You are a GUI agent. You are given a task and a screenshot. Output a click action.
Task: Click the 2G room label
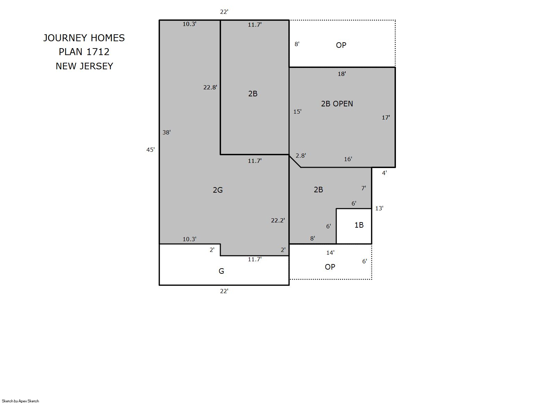pos(218,190)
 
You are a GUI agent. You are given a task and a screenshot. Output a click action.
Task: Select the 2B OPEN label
pos(337,104)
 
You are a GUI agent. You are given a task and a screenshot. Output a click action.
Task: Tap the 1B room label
pos(359,225)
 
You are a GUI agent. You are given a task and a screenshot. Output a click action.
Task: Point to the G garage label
pos(221,271)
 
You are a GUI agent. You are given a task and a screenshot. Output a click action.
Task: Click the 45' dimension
pos(151,150)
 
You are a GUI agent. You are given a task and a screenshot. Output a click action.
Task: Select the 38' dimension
pos(167,132)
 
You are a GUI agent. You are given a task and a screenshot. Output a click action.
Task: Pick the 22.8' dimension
pos(210,87)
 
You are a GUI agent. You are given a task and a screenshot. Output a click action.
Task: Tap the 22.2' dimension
pos(278,220)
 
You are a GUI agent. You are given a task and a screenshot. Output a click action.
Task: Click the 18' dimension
pos(342,74)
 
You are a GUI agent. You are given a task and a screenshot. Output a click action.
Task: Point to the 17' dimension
pos(386,118)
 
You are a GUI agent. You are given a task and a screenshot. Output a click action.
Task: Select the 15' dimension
pos(297,112)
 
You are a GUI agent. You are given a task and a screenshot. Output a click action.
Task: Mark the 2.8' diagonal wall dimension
pos(301,156)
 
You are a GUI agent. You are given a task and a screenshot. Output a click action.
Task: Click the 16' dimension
pos(348,159)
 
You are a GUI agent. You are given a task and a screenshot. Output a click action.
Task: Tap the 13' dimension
pos(379,208)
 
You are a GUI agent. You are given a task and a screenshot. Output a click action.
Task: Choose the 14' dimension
pos(330,253)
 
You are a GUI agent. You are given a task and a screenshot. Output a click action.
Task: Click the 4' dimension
pos(384,173)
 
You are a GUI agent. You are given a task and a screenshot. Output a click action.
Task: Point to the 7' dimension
pos(364,188)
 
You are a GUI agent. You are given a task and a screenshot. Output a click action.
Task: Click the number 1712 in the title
pos(98,52)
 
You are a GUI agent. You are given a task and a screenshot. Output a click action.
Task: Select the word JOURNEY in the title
pos(65,38)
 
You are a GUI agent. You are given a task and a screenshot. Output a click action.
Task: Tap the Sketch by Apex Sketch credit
pos(20,401)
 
